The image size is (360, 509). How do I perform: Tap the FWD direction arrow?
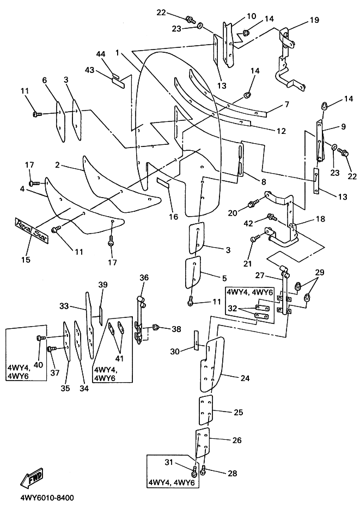coord(32,477)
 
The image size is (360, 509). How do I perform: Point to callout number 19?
coord(315,20)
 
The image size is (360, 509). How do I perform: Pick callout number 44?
coord(101,54)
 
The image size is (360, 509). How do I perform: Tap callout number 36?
coord(144,278)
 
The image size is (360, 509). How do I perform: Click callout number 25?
coord(238,412)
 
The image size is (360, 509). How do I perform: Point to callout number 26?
coord(237,440)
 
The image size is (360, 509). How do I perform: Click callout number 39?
coord(103,285)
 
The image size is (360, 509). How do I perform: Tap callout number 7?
coord(286,103)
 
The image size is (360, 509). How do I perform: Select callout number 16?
coord(174,217)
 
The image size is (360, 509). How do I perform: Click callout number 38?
coord(176,329)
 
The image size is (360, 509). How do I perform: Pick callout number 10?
coord(251,16)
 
